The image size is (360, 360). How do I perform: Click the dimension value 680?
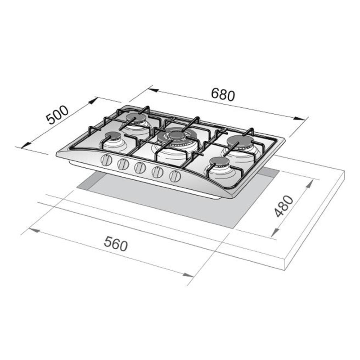click(222, 94)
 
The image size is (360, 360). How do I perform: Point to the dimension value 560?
click(116, 244)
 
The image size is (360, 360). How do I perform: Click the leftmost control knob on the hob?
click(106, 160)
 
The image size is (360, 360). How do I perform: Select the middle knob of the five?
click(139, 167)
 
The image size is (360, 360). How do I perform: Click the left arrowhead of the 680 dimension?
click(153, 89)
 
